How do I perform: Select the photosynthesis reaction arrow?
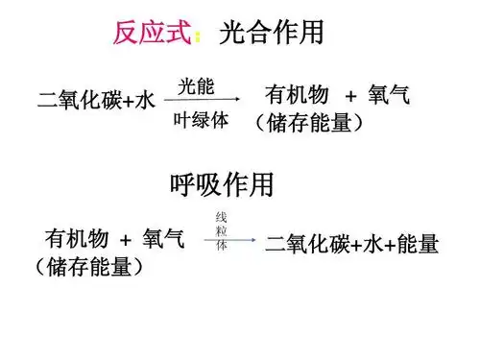click(x=202, y=102)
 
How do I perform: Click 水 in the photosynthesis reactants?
click(x=145, y=100)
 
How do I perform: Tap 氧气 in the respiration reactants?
click(x=164, y=237)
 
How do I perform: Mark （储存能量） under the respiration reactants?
click(x=88, y=265)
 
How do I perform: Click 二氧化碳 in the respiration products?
click(x=307, y=244)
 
